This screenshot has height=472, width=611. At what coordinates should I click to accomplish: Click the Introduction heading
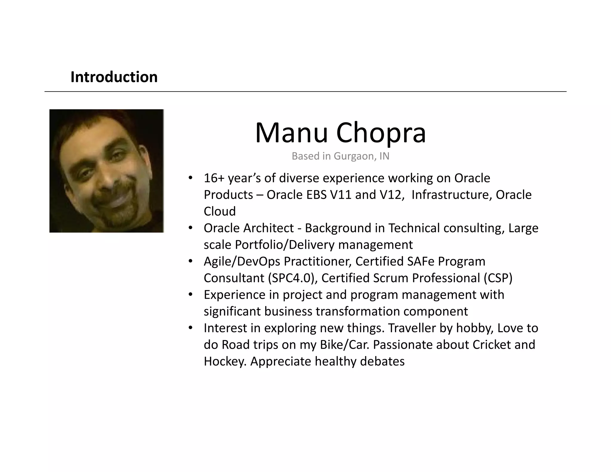click(114, 77)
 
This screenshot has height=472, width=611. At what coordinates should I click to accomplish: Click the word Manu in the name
click(291, 133)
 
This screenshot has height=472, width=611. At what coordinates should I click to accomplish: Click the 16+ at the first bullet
click(214, 178)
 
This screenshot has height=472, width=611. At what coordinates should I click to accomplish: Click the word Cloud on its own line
click(220, 212)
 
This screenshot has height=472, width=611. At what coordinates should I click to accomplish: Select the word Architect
click(268, 228)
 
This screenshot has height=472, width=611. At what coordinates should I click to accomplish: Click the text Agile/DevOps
click(242, 262)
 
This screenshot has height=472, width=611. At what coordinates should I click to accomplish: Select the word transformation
click(358, 311)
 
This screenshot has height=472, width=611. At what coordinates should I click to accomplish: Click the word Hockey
click(225, 362)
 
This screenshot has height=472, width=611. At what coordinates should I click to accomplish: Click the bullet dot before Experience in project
click(190, 294)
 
